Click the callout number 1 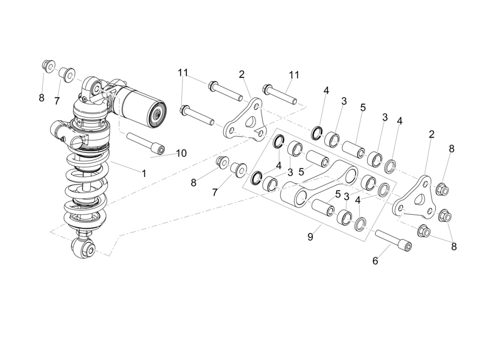coord(144,173)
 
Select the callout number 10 coord(181,153)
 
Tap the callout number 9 coord(310,237)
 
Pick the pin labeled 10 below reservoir coord(145,143)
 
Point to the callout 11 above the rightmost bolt coord(294,74)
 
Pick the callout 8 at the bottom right coord(454,247)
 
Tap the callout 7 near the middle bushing coord(215,192)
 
